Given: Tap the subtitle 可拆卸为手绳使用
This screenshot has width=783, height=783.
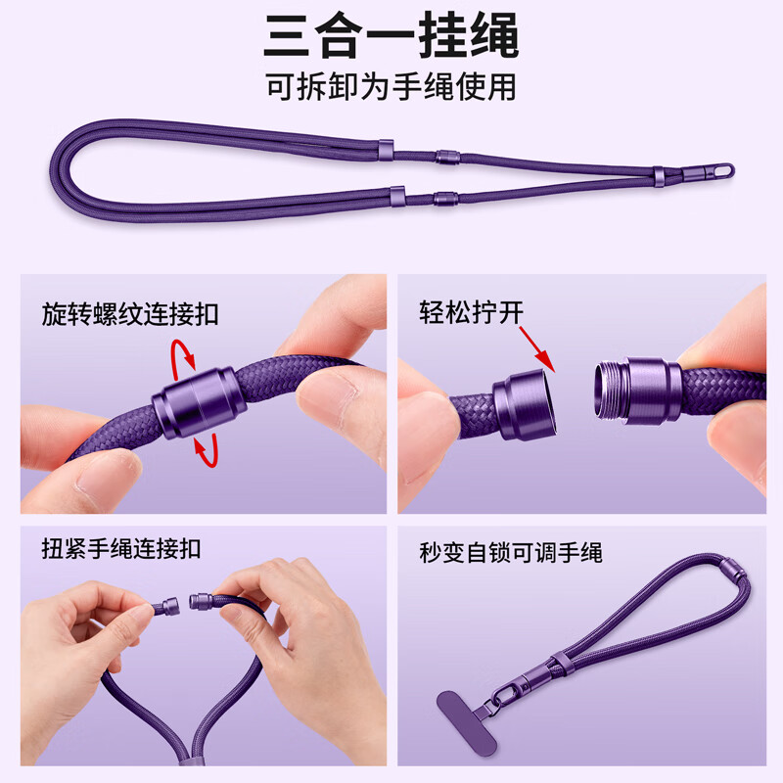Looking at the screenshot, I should (391, 87).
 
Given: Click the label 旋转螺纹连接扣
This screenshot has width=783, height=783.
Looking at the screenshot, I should (130, 315).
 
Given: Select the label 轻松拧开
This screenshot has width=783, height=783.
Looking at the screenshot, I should (472, 313).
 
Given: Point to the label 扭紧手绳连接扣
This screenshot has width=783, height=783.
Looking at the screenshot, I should (121, 549).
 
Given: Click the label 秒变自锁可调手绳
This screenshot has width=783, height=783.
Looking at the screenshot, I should (510, 553).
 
